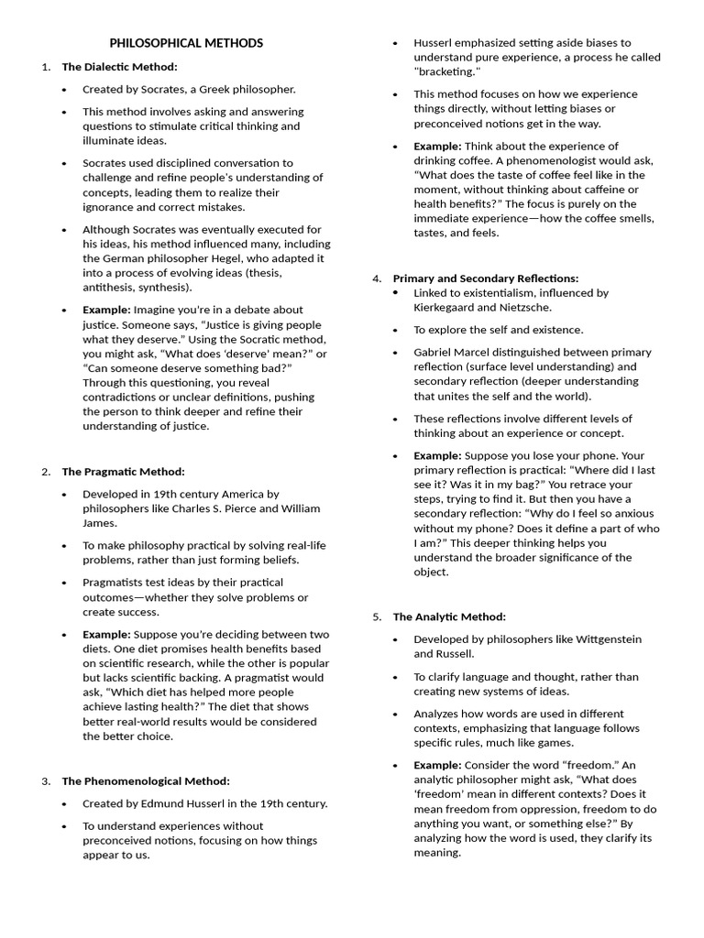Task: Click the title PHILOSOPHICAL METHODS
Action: [x=186, y=43]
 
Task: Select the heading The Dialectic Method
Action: [x=119, y=67]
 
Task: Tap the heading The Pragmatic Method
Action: [x=123, y=472]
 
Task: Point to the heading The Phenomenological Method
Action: [x=145, y=781]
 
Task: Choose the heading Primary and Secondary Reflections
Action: [x=485, y=278]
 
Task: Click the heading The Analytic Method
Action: [x=449, y=616]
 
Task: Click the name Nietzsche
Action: [x=527, y=308]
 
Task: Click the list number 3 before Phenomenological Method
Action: [x=45, y=781]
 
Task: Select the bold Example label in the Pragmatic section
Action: [x=106, y=634]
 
